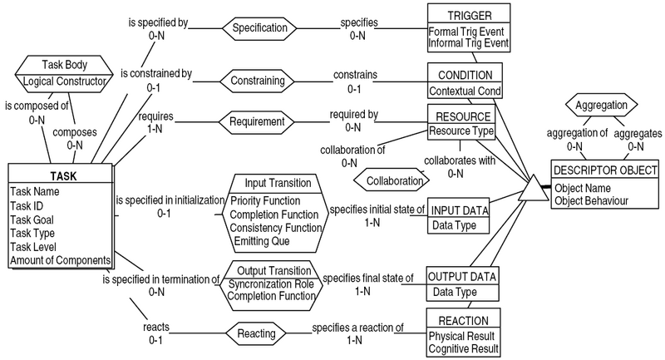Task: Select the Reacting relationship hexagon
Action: pyautogui.click(x=262, y=333)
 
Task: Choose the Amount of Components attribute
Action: pyautogui.click(x=60, y=260)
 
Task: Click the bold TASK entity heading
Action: pyautogui.click(x=60, y=175)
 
